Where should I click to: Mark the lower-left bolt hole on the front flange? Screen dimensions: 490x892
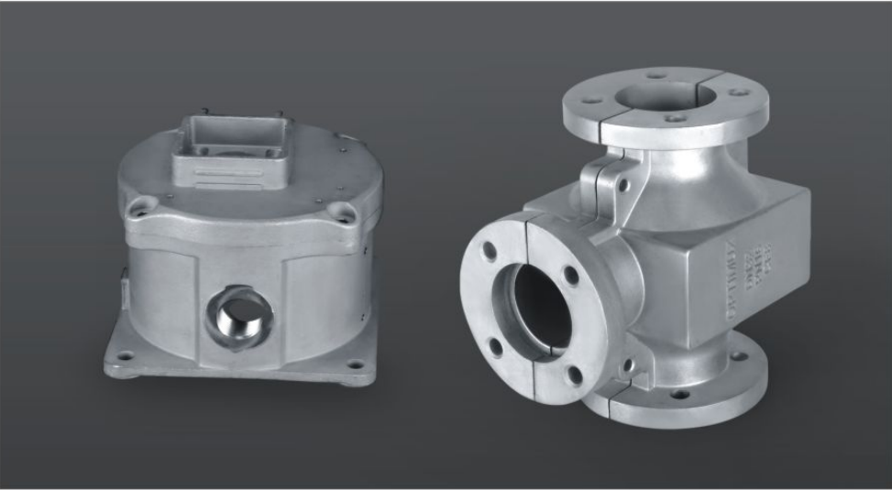[x=496, y=346]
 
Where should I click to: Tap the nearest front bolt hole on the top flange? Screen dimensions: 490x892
[x=675, y=118]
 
